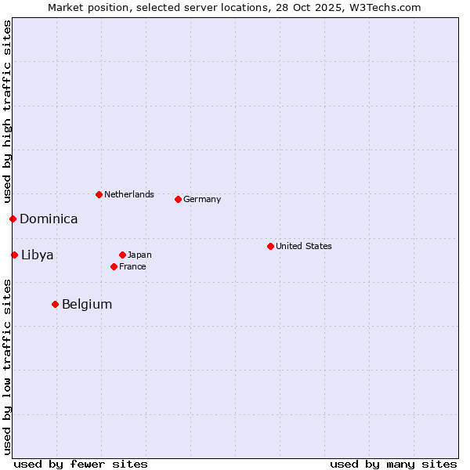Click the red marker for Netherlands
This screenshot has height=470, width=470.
(99, 194)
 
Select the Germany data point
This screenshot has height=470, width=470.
(178, 199)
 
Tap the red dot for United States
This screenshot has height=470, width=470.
(270, 246)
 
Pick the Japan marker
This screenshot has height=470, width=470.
(122, 255)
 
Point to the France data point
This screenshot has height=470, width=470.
(114, 266)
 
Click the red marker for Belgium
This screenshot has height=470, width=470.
(55, 304)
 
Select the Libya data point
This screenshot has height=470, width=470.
(14, 255)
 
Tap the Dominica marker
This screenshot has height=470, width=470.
(13, 219)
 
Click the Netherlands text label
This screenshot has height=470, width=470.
(129, 194)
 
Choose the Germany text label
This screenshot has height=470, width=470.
(202, 199)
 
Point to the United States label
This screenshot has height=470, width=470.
(304, 246)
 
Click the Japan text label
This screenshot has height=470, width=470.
(139, 255)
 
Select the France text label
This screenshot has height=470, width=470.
(132, 266)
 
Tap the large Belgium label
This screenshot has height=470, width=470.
(87, 304)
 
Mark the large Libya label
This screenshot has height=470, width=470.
(38, 255)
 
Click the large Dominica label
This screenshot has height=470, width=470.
(49, 219)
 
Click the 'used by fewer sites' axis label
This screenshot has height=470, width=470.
(81, 464)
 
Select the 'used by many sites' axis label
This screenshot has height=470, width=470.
(393, 464)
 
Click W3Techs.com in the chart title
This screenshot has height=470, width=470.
(385, 7)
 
